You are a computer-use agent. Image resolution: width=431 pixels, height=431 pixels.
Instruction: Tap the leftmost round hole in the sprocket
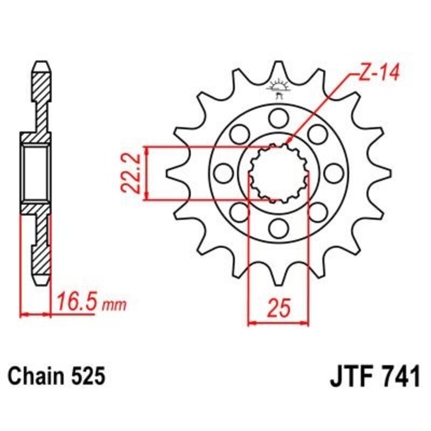[221, 173]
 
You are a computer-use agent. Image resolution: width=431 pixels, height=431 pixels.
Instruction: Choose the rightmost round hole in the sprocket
[335, 173]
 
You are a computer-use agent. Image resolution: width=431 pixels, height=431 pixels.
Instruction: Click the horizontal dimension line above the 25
[279, 324]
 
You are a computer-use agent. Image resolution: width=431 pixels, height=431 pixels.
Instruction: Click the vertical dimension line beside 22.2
[146, 173]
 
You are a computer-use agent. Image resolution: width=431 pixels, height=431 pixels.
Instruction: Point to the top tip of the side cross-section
[41, 63]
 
